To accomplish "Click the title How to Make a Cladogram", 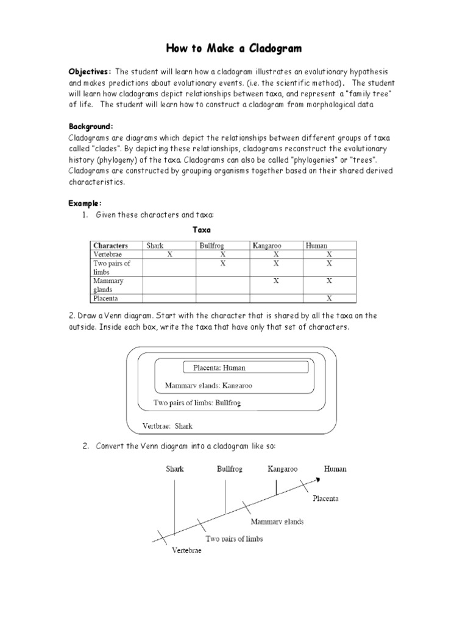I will pos(234,48).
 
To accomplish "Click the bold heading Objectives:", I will pos(89,72).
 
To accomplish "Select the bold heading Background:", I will pos(90,126).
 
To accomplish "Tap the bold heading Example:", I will pos(85,203).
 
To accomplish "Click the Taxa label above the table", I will pos(202,230).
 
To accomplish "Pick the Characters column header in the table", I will pos(110,246).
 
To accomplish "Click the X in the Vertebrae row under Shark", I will pos(169,254).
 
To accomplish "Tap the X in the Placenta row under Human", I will pos(329,299).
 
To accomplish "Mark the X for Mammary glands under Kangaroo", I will pos(276,281).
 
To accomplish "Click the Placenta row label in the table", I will pos(105,299).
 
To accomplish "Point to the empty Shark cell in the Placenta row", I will pos(169,299).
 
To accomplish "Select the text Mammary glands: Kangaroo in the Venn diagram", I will pos(208,386).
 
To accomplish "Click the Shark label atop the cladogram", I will pos(174,469).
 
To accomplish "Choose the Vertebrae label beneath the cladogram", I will pos(186,551).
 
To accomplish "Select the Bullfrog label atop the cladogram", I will pos(230,469).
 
